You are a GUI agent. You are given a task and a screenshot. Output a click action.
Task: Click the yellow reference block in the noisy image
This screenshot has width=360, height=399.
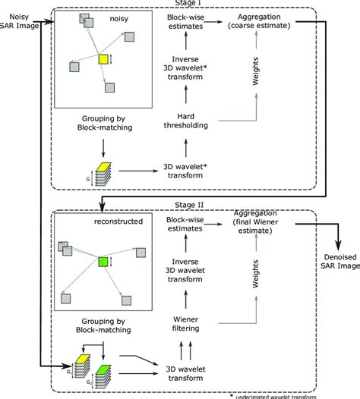103,58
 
